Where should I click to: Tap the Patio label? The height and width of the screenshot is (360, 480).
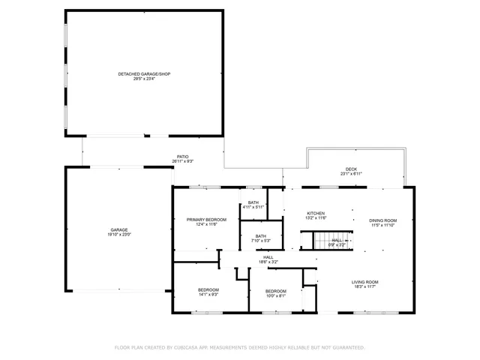pyautogui.click(x=183, y=157)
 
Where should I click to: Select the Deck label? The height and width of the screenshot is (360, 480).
pyautogui.click(x=351, y=169)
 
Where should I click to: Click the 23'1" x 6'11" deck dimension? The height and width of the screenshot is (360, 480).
pyautogui.click(x=351, y=174)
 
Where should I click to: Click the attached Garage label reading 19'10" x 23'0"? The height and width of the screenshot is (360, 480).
pyautogui.click(x=119, y=230)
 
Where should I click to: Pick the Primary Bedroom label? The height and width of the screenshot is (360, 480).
pyautogui.click(x=206, y=219)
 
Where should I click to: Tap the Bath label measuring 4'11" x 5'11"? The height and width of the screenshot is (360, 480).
pyautogui.click(x=253, y=202)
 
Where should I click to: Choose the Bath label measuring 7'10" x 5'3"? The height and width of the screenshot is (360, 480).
pyautogui.click(x=260, y=236)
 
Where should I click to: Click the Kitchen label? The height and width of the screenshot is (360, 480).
pyautogui.click(x=316, y=213)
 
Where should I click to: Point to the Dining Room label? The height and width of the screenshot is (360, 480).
pyautogui.click(x=382, y=220)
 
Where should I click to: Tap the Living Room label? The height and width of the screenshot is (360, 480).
pyautogui.click(x=365, y=282)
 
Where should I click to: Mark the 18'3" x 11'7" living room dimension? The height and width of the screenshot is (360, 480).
pyautogui.click(x=365, y=287)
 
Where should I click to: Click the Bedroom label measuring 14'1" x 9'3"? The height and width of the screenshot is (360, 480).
pyautogui.click(x=208, y=289)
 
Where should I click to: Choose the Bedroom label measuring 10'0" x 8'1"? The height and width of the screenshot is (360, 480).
pyautogui.click(x=275, y=291)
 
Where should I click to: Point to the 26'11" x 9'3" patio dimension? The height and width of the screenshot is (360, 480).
pyautogui.click(x=183, y=162)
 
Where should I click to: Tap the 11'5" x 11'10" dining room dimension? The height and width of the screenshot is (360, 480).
pyautogui.click(x=382, y=226)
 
